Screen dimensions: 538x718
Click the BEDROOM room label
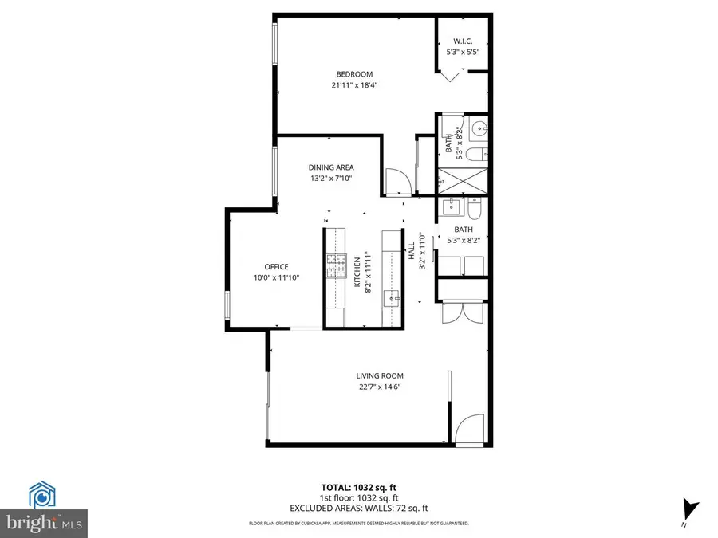tap(355, 75)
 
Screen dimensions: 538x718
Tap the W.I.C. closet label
tap(464, 41)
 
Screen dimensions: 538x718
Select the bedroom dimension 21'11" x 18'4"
tap(355, 85)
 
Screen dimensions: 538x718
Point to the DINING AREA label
tap(331, 167)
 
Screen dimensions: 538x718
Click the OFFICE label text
tap(276, 267)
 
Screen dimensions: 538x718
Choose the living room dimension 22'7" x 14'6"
tap(379, 387)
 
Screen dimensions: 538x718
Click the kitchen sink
tap(391, 299)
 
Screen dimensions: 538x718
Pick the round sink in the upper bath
tap(479, 127)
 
